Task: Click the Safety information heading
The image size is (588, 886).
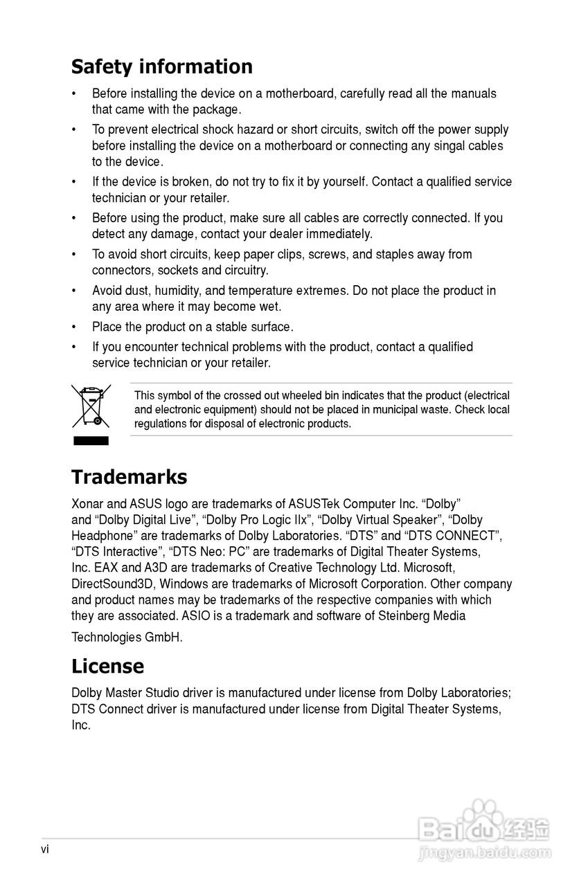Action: click(161, 67)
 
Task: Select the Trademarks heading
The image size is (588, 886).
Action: click(129, 477)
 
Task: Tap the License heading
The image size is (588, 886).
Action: click(107, 666)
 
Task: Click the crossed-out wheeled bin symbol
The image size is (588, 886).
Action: click(91, 406)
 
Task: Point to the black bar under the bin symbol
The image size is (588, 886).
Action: click(91, 440)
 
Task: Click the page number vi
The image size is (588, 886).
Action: click(45, 849)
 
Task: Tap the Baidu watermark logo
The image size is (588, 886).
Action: click(485, 829)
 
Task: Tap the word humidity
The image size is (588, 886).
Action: click(181, 291)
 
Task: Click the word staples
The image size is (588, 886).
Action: click(395, 255)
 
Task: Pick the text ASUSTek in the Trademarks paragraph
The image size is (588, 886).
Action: click(314, 504)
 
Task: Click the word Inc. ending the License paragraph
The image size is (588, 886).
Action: click(81, 726)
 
